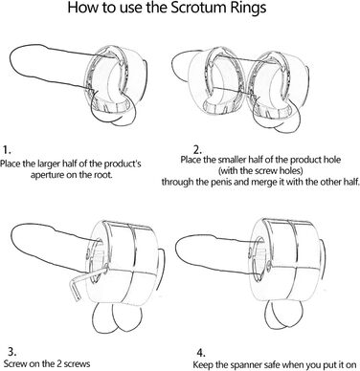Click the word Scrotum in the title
pos(200,8)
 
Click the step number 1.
pos(7,150)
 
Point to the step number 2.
pos(197,150)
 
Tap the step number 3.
pos(11,352)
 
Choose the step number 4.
pos(201,353)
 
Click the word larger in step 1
pos(48,164)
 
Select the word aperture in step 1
pos(48,175)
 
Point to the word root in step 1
pos(102,175)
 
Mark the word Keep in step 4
pos(202,364)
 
